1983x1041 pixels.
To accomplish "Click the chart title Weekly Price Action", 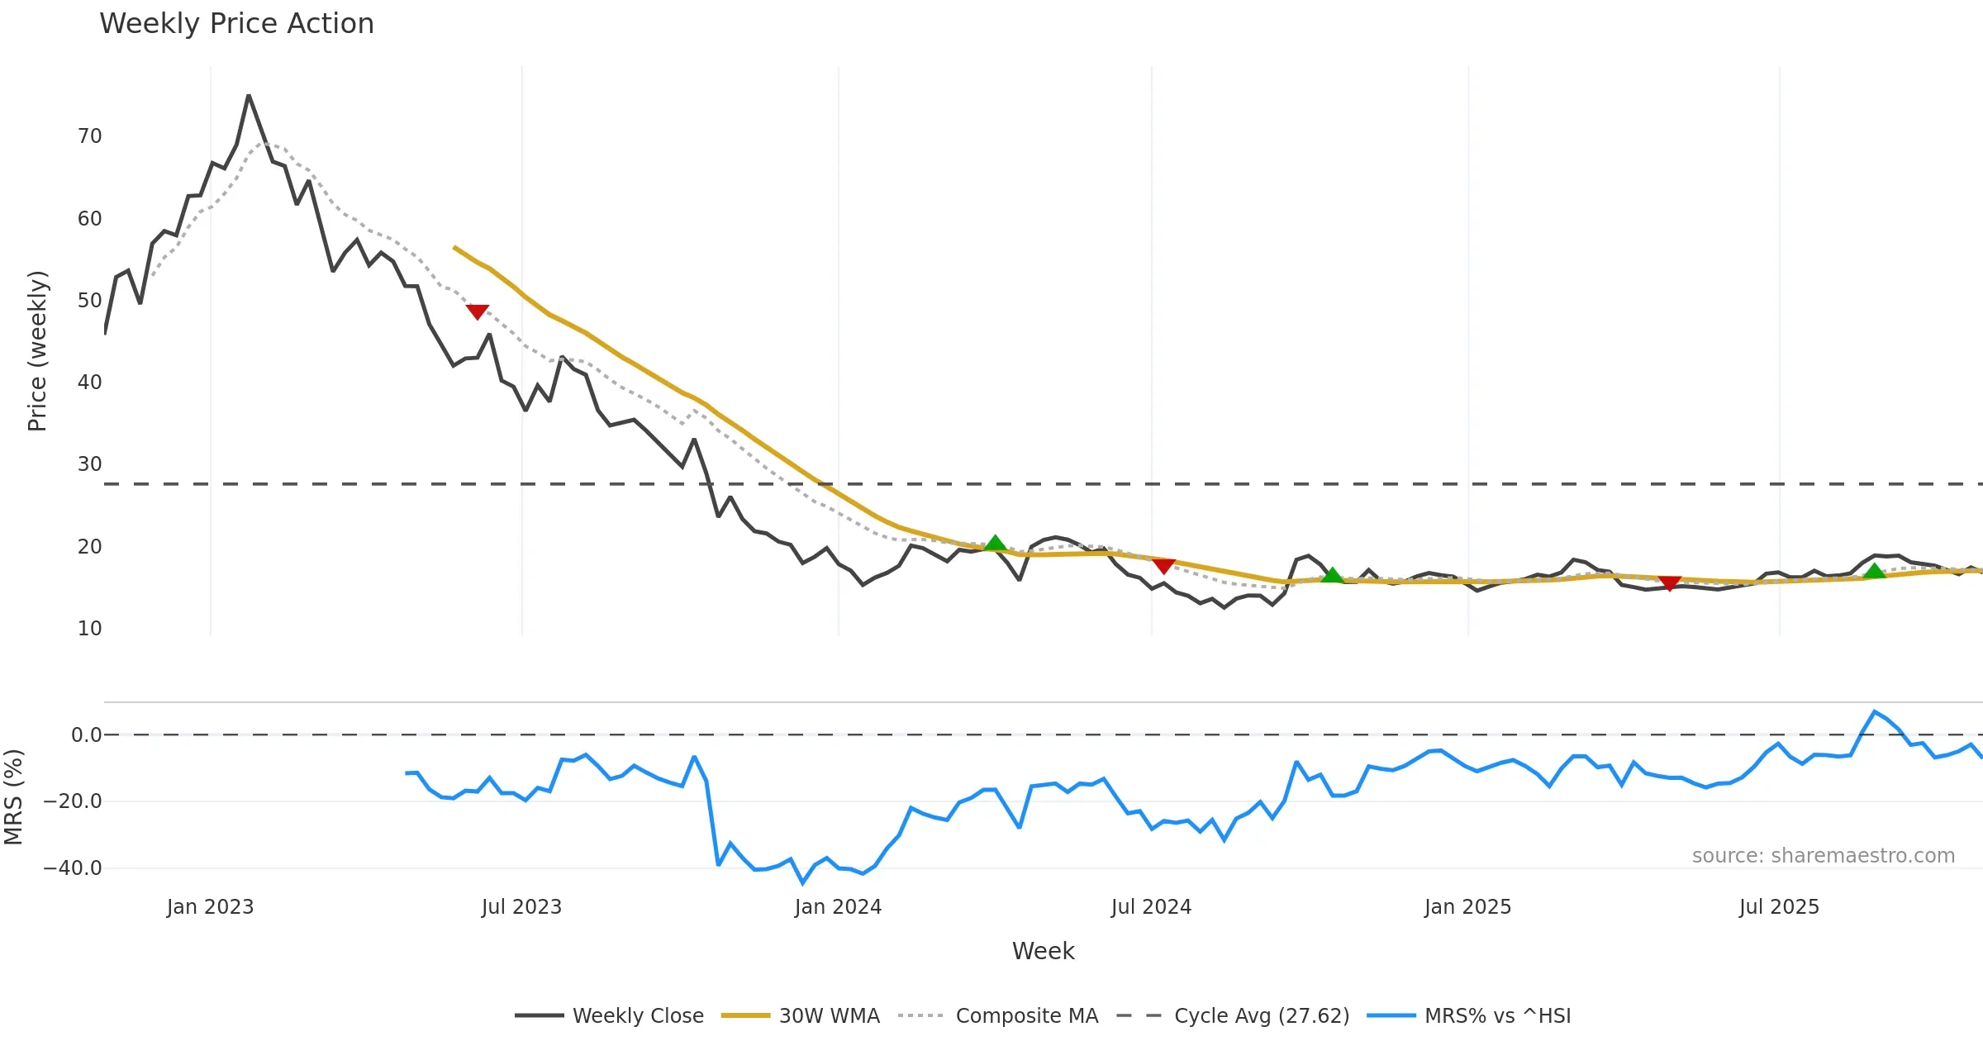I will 236,24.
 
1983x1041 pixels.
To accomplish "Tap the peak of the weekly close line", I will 249,96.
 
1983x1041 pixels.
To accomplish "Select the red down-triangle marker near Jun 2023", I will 478,311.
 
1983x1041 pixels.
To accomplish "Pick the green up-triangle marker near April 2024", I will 996,543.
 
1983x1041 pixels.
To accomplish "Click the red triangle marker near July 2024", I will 1163,566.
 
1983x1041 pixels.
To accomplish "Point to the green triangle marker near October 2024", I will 1332,575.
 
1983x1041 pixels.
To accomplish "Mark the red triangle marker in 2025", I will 1670,583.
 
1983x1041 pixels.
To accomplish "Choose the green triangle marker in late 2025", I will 1875,571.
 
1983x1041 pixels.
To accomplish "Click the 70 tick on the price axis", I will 89,136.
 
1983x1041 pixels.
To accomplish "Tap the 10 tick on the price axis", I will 89,629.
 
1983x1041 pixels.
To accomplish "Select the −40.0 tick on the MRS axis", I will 73,868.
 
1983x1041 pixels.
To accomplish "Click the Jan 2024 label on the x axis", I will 838,907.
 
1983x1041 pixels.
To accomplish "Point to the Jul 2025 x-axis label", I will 1779,907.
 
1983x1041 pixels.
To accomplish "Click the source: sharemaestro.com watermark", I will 1823,856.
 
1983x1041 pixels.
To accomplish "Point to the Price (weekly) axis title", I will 38,351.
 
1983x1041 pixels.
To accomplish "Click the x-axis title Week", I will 1043,952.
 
